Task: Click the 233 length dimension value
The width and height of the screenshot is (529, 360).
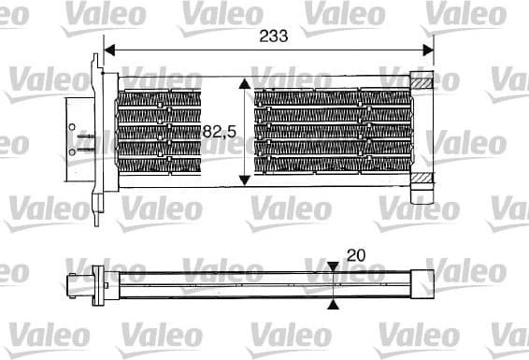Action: (271, 35)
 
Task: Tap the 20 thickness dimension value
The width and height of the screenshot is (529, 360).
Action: (355, 254)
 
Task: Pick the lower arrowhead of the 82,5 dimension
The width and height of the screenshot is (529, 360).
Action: (245, 179)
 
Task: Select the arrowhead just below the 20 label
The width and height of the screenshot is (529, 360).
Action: (335, 268)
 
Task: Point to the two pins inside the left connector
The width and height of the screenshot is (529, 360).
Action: (83, 142)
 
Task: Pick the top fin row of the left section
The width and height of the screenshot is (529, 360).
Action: (159, 95)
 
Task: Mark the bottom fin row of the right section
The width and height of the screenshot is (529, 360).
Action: (332, 167)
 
